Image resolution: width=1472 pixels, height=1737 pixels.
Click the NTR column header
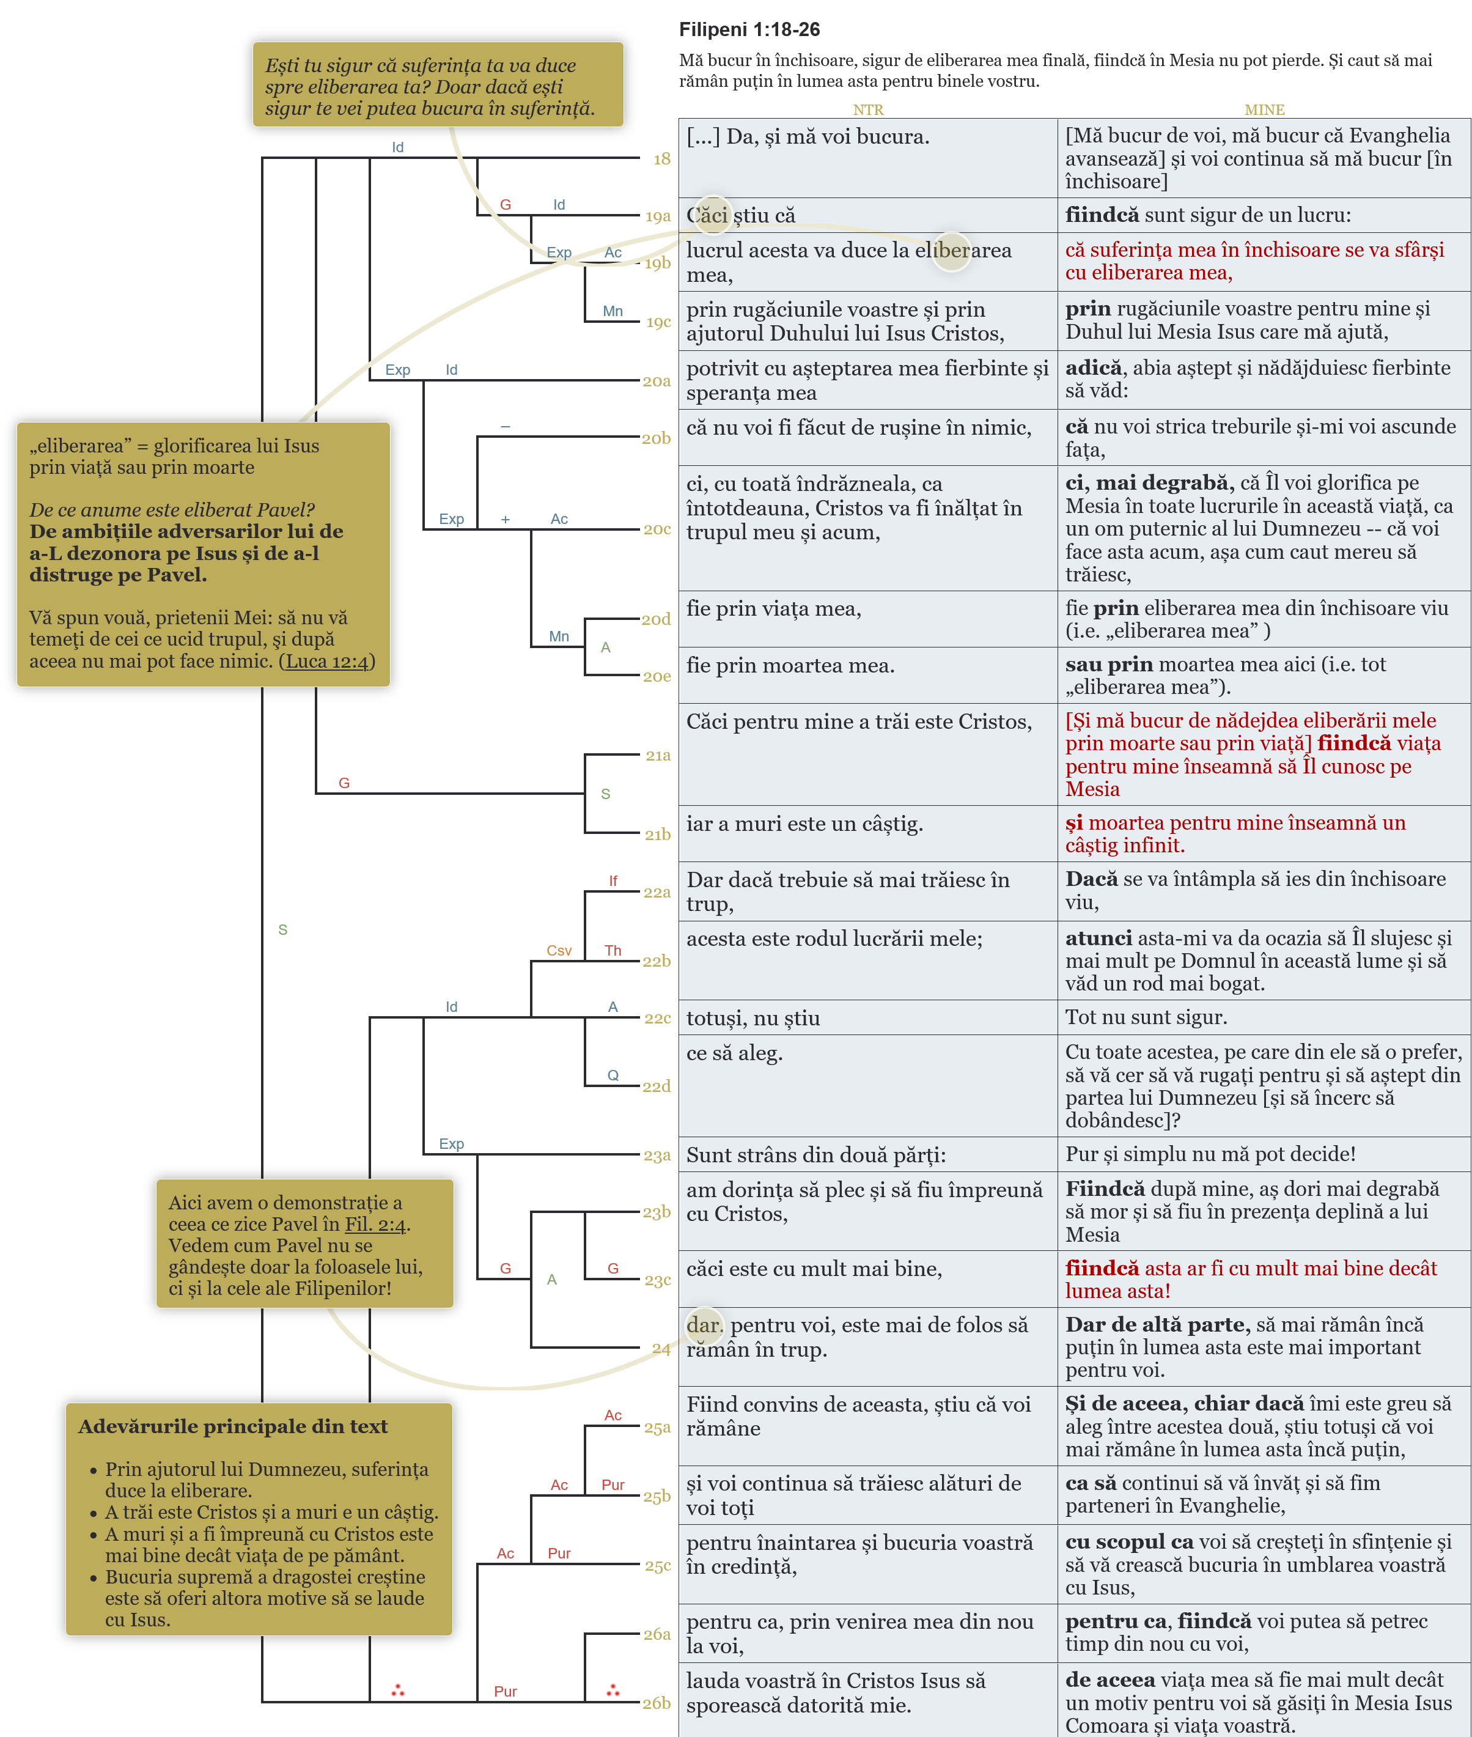pos(868,109)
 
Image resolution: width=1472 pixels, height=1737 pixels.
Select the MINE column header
pos(1264,109)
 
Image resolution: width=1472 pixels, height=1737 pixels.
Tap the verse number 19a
pos(658,216)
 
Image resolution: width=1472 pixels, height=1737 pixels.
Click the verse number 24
pos(661,1348)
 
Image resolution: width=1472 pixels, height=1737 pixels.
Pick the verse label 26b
pos(657,1703)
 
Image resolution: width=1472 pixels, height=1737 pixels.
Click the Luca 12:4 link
pos(326,661)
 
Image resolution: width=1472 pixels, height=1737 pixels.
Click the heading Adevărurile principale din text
pos(233,1426)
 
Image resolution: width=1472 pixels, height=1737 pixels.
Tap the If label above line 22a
pos(613,880)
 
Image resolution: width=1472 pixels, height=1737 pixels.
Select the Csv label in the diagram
pos(559,951)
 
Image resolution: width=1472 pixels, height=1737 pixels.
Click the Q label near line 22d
pos(613,1075)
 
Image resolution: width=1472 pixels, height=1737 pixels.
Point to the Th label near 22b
pos(613,951)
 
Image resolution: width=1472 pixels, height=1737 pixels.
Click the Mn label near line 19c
pos(613,311)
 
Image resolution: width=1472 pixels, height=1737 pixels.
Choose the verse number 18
pos(662,158)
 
